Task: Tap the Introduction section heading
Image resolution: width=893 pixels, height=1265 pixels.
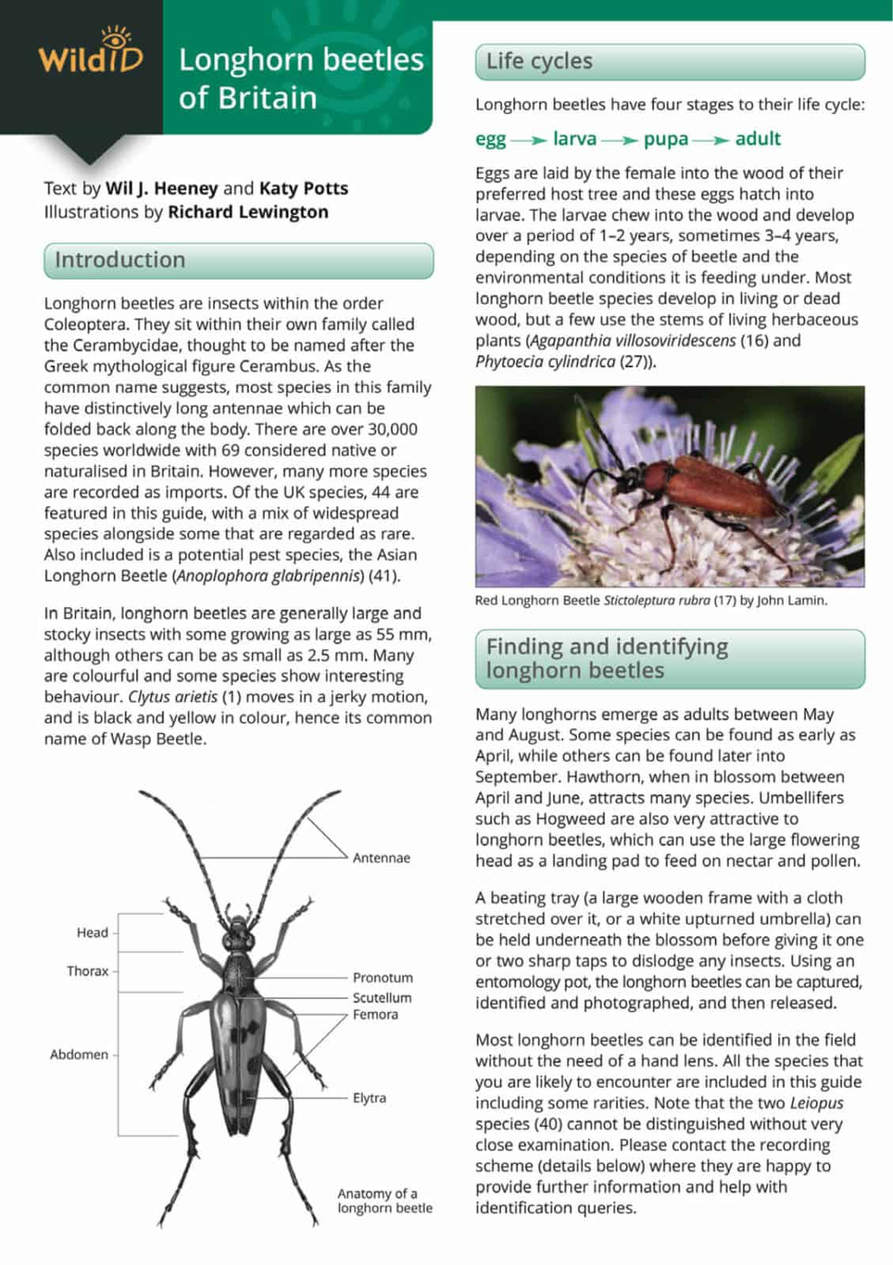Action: pos(119,260)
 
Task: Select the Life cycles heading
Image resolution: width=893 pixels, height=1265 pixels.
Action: pos(539,62)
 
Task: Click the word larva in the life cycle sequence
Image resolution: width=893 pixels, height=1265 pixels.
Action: pos(574,139)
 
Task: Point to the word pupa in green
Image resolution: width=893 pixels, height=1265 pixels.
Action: pos(665,139)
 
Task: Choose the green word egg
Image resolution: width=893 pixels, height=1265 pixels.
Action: pos(490,139)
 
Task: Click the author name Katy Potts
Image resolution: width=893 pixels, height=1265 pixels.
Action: pos(304,188)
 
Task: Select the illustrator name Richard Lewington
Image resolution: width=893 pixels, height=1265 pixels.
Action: pos(248,212)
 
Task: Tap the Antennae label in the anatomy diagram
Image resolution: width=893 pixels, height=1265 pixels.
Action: pos(381,858)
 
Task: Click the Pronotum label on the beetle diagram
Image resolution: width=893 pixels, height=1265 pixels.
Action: pos(383,978)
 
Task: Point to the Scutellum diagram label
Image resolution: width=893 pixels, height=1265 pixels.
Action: pos(382,998)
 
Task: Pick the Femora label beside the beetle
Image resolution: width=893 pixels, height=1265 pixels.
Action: pos(375,1014)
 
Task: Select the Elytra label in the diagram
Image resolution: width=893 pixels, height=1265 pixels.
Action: pos(369,1098)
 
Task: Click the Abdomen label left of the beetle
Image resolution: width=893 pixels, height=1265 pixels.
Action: pos(79,1055)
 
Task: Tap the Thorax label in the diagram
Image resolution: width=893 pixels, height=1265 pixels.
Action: pos(87,971)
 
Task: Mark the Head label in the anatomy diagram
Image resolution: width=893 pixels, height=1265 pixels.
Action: pos(92,933)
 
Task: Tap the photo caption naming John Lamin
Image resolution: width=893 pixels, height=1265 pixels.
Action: pos(650,601)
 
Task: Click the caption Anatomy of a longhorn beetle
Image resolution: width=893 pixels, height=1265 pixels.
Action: pos(384,1200)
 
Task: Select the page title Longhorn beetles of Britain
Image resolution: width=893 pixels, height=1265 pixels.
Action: pos(301,79)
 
